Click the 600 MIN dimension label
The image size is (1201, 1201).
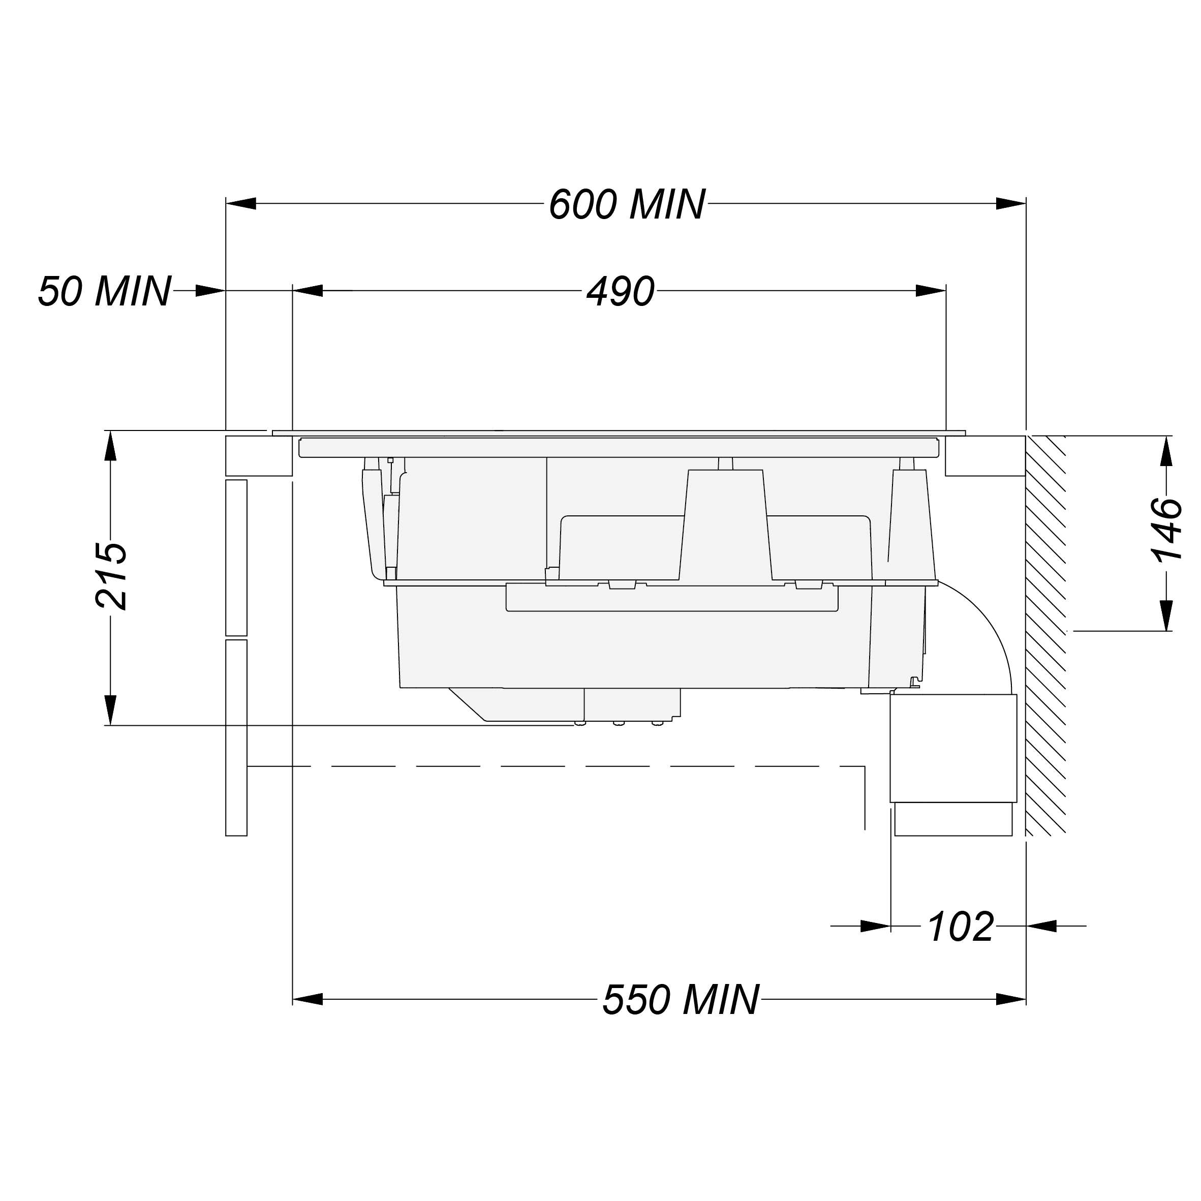click(x=627, y=204)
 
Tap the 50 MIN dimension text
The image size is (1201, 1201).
click(x=104, y=291)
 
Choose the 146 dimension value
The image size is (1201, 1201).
click(x=1167, y=530)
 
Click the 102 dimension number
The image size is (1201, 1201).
click(x=961, y=944)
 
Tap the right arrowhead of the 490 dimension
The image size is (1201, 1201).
click(x=931, y=291)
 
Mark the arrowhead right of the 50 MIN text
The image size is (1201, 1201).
click(x=210, y=291)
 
